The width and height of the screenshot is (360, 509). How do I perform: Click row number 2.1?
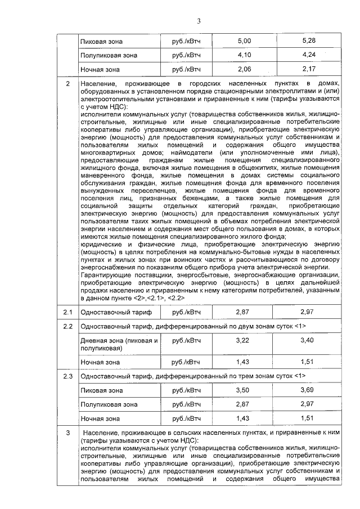coord(67,312)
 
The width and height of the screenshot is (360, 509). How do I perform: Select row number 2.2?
coord(67,326)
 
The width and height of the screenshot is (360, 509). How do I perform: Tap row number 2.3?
coord(67,375)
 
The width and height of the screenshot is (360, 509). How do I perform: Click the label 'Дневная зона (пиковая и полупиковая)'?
coord(119,345)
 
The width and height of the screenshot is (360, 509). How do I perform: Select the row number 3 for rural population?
coord(67,433)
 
